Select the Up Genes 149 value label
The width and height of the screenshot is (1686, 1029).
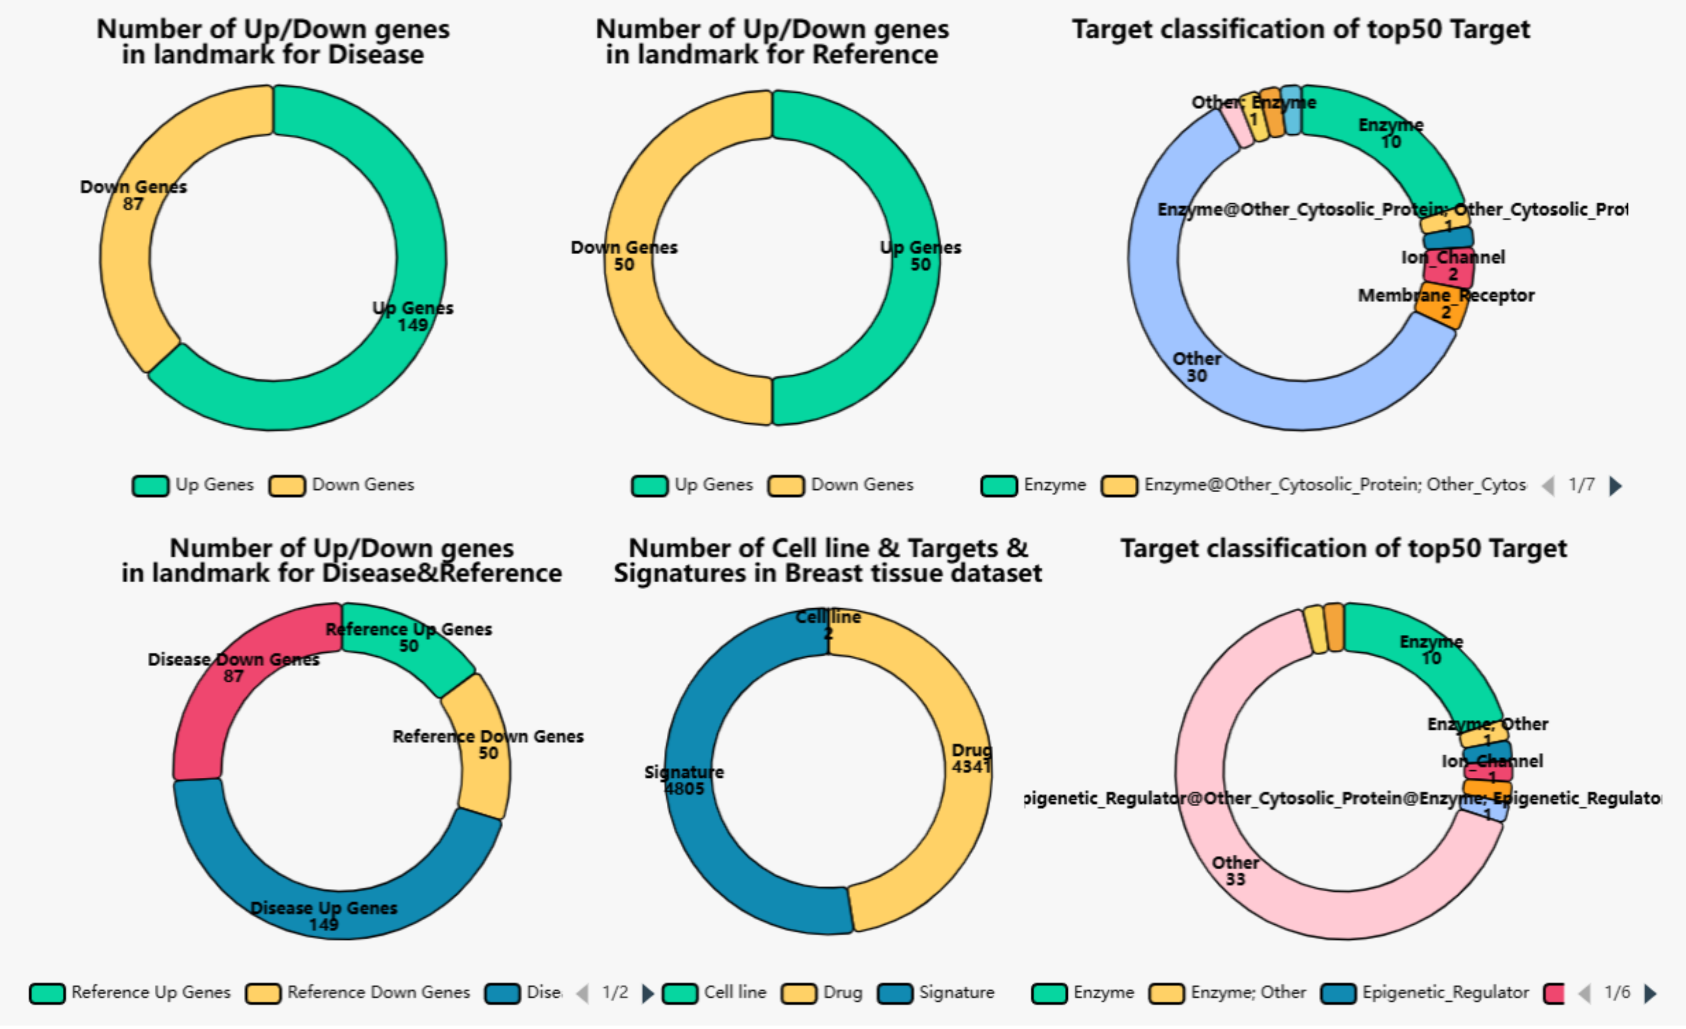(413, 325)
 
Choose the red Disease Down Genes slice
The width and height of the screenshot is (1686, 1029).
(226, 692)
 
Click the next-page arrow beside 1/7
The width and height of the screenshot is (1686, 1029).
(1616, 485)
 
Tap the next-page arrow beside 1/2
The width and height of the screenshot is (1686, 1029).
(647, 993)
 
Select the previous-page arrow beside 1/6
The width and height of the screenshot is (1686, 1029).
(1585, 993)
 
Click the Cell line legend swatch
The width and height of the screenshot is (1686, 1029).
(680, 993)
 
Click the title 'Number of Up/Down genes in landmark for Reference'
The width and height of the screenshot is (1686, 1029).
(772, 42)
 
